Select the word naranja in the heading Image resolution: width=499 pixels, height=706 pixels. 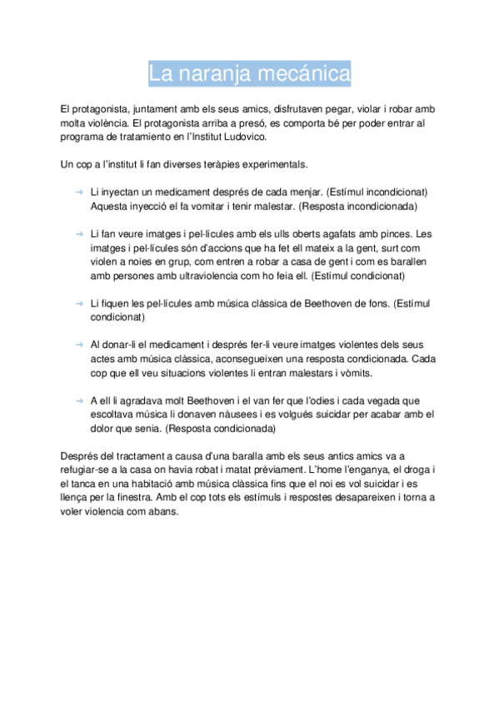216,73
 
